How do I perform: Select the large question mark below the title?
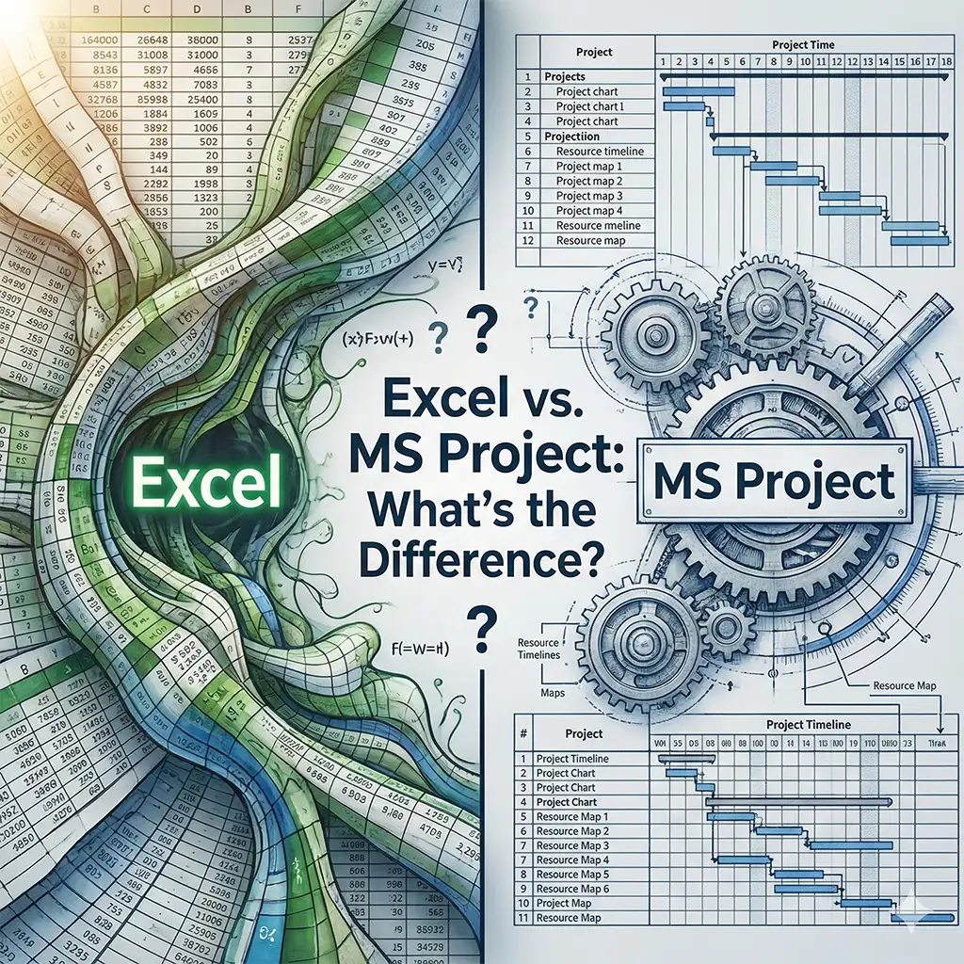point(481,628)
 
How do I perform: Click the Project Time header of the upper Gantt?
point(802,44)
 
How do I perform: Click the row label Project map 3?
point(589,196)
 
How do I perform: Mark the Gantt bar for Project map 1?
point(772,166)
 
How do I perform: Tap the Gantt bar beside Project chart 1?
point(685,106)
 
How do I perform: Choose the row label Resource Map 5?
point(572,874)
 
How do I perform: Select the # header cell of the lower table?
point(523,732)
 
